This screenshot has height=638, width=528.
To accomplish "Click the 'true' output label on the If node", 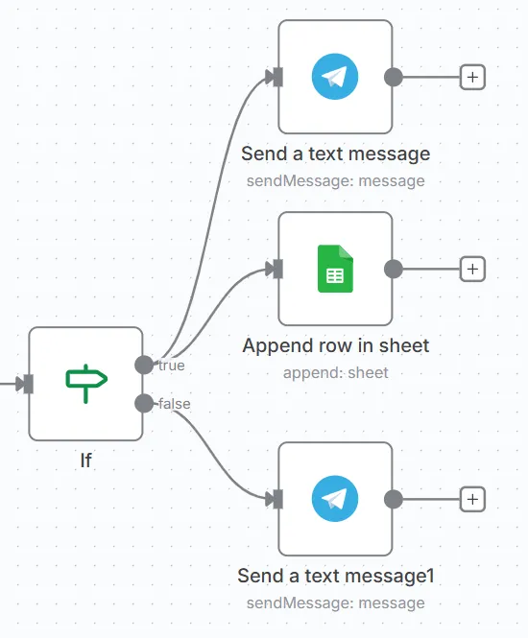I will pos(172,365).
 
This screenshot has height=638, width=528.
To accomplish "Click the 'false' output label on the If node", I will pos(174,404).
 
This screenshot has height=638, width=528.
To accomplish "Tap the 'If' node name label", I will pos(85,461).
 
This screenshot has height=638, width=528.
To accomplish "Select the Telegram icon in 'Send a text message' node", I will pos(335,77).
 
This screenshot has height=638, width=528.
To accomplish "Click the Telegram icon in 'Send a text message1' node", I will pos(335,499).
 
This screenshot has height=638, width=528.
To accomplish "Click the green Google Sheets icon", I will pos(335,269).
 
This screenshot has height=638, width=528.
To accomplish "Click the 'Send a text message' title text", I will pos(335,154).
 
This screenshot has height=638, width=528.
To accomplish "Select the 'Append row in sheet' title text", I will pos(335,345).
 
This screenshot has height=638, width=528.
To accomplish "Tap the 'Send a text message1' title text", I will pos(335,576).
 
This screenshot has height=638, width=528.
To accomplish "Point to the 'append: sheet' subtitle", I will pos(335,372).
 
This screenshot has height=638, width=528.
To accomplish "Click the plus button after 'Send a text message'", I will pos(472,77).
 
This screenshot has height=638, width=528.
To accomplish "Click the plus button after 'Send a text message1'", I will pos(472,499).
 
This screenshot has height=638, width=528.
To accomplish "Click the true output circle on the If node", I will pos(144,365).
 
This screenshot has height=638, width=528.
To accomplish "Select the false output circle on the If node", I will pos(144,403).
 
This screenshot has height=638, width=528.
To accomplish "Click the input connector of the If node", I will pos(28,384).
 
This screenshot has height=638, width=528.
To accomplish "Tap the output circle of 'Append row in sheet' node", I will pos(393,269).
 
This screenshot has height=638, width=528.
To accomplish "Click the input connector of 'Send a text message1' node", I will pos(277,499).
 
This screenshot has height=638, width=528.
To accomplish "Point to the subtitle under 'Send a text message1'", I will pos(335,603).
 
